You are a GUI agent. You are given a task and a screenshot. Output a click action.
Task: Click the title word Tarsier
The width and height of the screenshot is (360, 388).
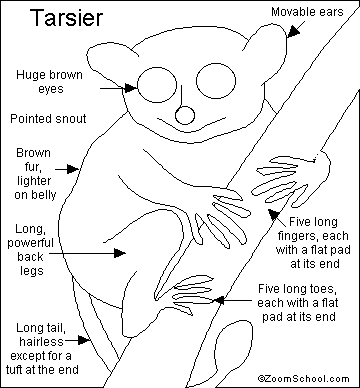pos(67,18)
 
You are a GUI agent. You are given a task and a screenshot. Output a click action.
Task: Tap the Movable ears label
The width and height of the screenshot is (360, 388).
pos(307,12)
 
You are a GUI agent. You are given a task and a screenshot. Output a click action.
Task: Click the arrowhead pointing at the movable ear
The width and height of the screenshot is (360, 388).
pos(293,31)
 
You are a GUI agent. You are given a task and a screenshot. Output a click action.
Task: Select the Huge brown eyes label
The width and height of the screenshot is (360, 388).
pos(49,82)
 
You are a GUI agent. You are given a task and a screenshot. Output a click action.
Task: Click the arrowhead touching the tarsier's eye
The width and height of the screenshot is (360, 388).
pos(131,88)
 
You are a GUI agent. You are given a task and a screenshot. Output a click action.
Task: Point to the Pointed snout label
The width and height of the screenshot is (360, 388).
pos(48,119)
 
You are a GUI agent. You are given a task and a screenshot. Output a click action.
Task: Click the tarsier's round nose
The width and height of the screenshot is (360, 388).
pos(185,115)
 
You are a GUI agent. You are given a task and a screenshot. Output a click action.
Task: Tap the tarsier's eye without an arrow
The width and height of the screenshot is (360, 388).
pos(216,81)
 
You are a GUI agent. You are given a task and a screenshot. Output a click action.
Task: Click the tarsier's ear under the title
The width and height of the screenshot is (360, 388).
pos(110,62)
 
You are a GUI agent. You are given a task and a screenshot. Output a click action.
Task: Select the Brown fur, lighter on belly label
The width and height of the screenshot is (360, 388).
pos(35,174)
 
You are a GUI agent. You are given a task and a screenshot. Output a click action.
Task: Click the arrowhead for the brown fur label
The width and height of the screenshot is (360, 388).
pos(73,169)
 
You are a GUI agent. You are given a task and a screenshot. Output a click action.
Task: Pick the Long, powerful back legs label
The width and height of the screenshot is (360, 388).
pos(31,250)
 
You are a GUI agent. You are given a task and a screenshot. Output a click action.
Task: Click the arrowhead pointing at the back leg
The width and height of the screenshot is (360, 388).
pos(120,253)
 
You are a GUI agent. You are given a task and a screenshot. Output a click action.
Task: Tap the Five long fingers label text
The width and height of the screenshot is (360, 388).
pos(313,243)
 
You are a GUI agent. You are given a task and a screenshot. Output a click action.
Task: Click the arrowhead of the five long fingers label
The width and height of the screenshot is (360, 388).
pos(274,214)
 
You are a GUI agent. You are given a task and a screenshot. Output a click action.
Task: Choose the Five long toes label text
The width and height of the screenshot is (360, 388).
pos(298,302)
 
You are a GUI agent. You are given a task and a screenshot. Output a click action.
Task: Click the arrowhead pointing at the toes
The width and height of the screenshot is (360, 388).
pos(219,300)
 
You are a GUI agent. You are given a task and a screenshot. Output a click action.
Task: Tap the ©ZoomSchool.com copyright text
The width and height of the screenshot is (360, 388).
pos(303,379)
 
